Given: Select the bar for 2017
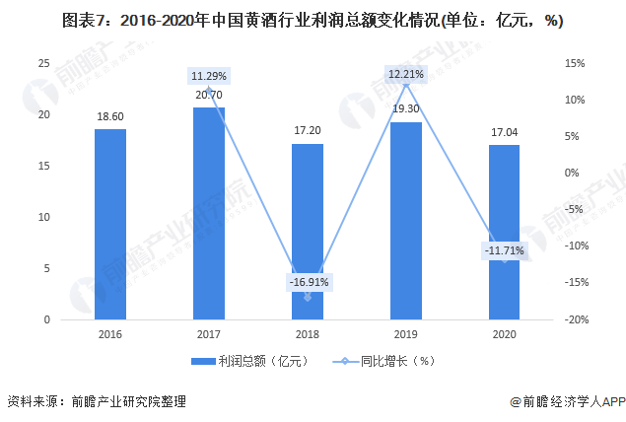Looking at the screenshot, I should pos(209,214).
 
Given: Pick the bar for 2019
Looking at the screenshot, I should pos(406,221).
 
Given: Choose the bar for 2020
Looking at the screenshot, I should pos(505,233).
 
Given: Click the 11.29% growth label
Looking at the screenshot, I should pos(209,76).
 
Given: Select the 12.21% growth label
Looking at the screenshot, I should pos(406,73).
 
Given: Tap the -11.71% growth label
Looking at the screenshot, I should pos(505,251).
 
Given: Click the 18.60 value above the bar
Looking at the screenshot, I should pos(110,116).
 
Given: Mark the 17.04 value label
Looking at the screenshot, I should pos(505,132).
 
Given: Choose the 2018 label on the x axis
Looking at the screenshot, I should pos(308,335).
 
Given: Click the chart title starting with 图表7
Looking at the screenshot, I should pos(313,17).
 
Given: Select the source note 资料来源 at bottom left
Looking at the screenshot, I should pos(97,402).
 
